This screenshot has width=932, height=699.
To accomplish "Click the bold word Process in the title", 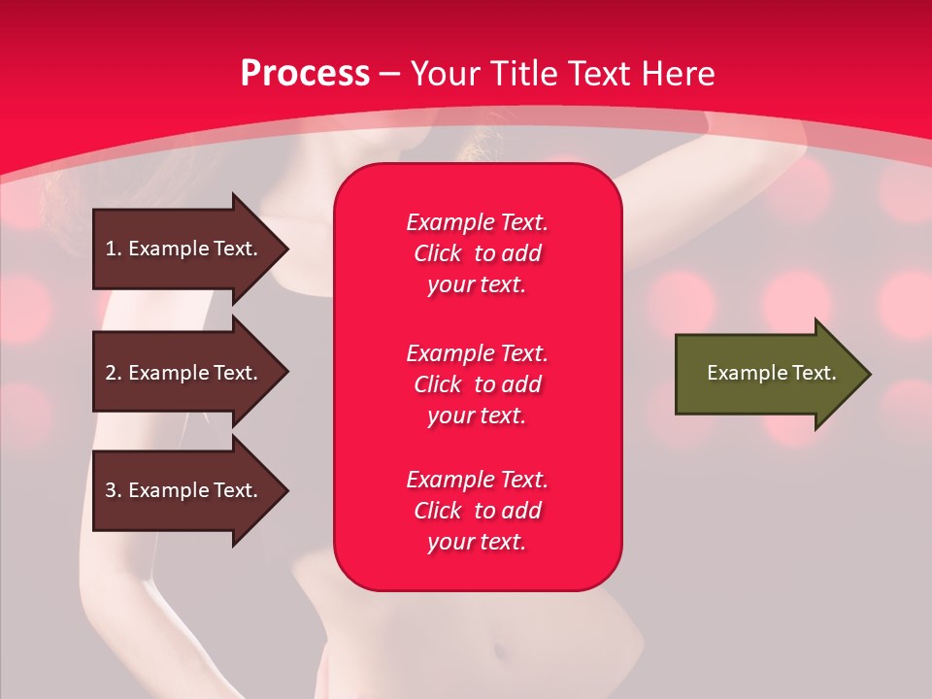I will tap(305, 74).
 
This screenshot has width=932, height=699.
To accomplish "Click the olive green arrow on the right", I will tap(767, 374).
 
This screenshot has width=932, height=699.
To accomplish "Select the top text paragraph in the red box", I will tap(477, 253).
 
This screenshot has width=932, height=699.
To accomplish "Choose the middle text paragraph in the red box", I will tap(477, 384).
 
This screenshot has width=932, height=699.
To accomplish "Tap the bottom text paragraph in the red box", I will tap(477, 511).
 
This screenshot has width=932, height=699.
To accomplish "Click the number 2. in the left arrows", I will tap(114, 373).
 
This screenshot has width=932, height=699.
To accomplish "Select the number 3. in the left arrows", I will tap(114, 490).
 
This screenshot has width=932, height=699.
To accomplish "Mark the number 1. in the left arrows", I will tap(113, 249).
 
